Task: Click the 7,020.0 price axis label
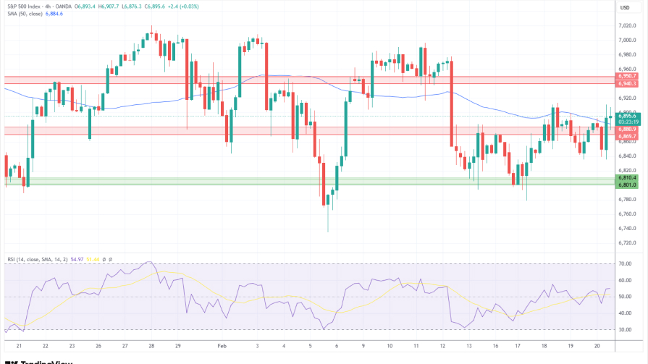pos(627,25)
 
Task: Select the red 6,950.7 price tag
pos(627,76)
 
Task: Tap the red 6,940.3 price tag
pos(627,83)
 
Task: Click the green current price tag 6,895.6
pos(627,116)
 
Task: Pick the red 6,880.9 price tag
pos(627,129)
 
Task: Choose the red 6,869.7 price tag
pos(627,136)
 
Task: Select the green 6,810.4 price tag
pos(627,177)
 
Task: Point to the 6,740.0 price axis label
pos(627,228)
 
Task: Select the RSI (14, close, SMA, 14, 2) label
pos(40,258)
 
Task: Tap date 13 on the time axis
pos(469,347)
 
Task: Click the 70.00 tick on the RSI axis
pos(625,265)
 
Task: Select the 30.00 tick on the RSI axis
pos(625,329)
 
